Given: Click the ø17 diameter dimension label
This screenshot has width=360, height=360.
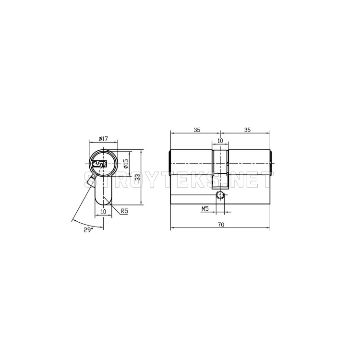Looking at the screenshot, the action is point(103,139).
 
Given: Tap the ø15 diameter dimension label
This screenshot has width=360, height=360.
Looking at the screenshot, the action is point(125,164).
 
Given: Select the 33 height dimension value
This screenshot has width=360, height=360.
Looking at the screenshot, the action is point(138,177).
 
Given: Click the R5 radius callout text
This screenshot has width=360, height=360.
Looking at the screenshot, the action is point(124,211).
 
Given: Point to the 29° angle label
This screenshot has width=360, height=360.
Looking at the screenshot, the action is point(88,230).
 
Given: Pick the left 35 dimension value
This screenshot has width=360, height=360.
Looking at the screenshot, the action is point(197,130).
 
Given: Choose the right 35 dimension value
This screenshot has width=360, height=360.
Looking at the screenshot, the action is point(247,130).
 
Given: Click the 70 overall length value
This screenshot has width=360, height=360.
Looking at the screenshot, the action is point(221,225).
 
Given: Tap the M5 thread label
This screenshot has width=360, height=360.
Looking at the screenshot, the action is point(205,209).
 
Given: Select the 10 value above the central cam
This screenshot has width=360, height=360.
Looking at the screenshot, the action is point(220,141).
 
